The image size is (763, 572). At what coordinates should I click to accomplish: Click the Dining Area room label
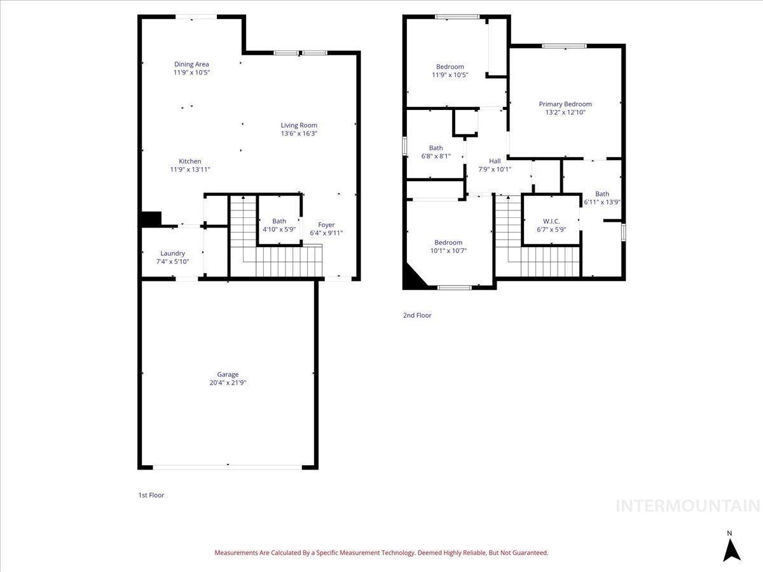point(191,64)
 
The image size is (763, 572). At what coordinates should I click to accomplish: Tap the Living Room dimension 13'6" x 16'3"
point(299,133)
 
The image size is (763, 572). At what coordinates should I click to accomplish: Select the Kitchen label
point(189,161)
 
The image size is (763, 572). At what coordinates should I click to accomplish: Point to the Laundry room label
point(172,254)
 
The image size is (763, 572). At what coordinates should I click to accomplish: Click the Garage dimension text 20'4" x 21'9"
point(228,383)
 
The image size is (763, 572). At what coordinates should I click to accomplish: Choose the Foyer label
point(326,225)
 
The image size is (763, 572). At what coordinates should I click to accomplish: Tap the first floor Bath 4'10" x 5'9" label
point(279,226)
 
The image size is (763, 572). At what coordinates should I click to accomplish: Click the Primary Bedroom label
point(565,104)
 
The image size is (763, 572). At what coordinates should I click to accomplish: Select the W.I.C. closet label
point(551,221)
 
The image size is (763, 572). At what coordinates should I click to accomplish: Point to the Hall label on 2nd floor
point(495,161)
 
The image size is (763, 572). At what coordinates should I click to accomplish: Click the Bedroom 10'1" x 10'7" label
point(448,247)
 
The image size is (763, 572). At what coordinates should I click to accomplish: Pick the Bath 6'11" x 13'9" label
point(602,198)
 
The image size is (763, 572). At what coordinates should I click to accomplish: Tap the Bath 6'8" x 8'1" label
point(436,152)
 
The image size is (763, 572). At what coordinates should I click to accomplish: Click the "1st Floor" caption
point(151,495)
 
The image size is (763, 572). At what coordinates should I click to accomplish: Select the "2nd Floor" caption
point(417,315)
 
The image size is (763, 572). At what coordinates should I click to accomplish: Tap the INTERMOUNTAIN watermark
point(688,506)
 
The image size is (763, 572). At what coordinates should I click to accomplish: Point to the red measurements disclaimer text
point(381,552)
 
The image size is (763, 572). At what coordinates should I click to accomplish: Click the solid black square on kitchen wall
point(151,219)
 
